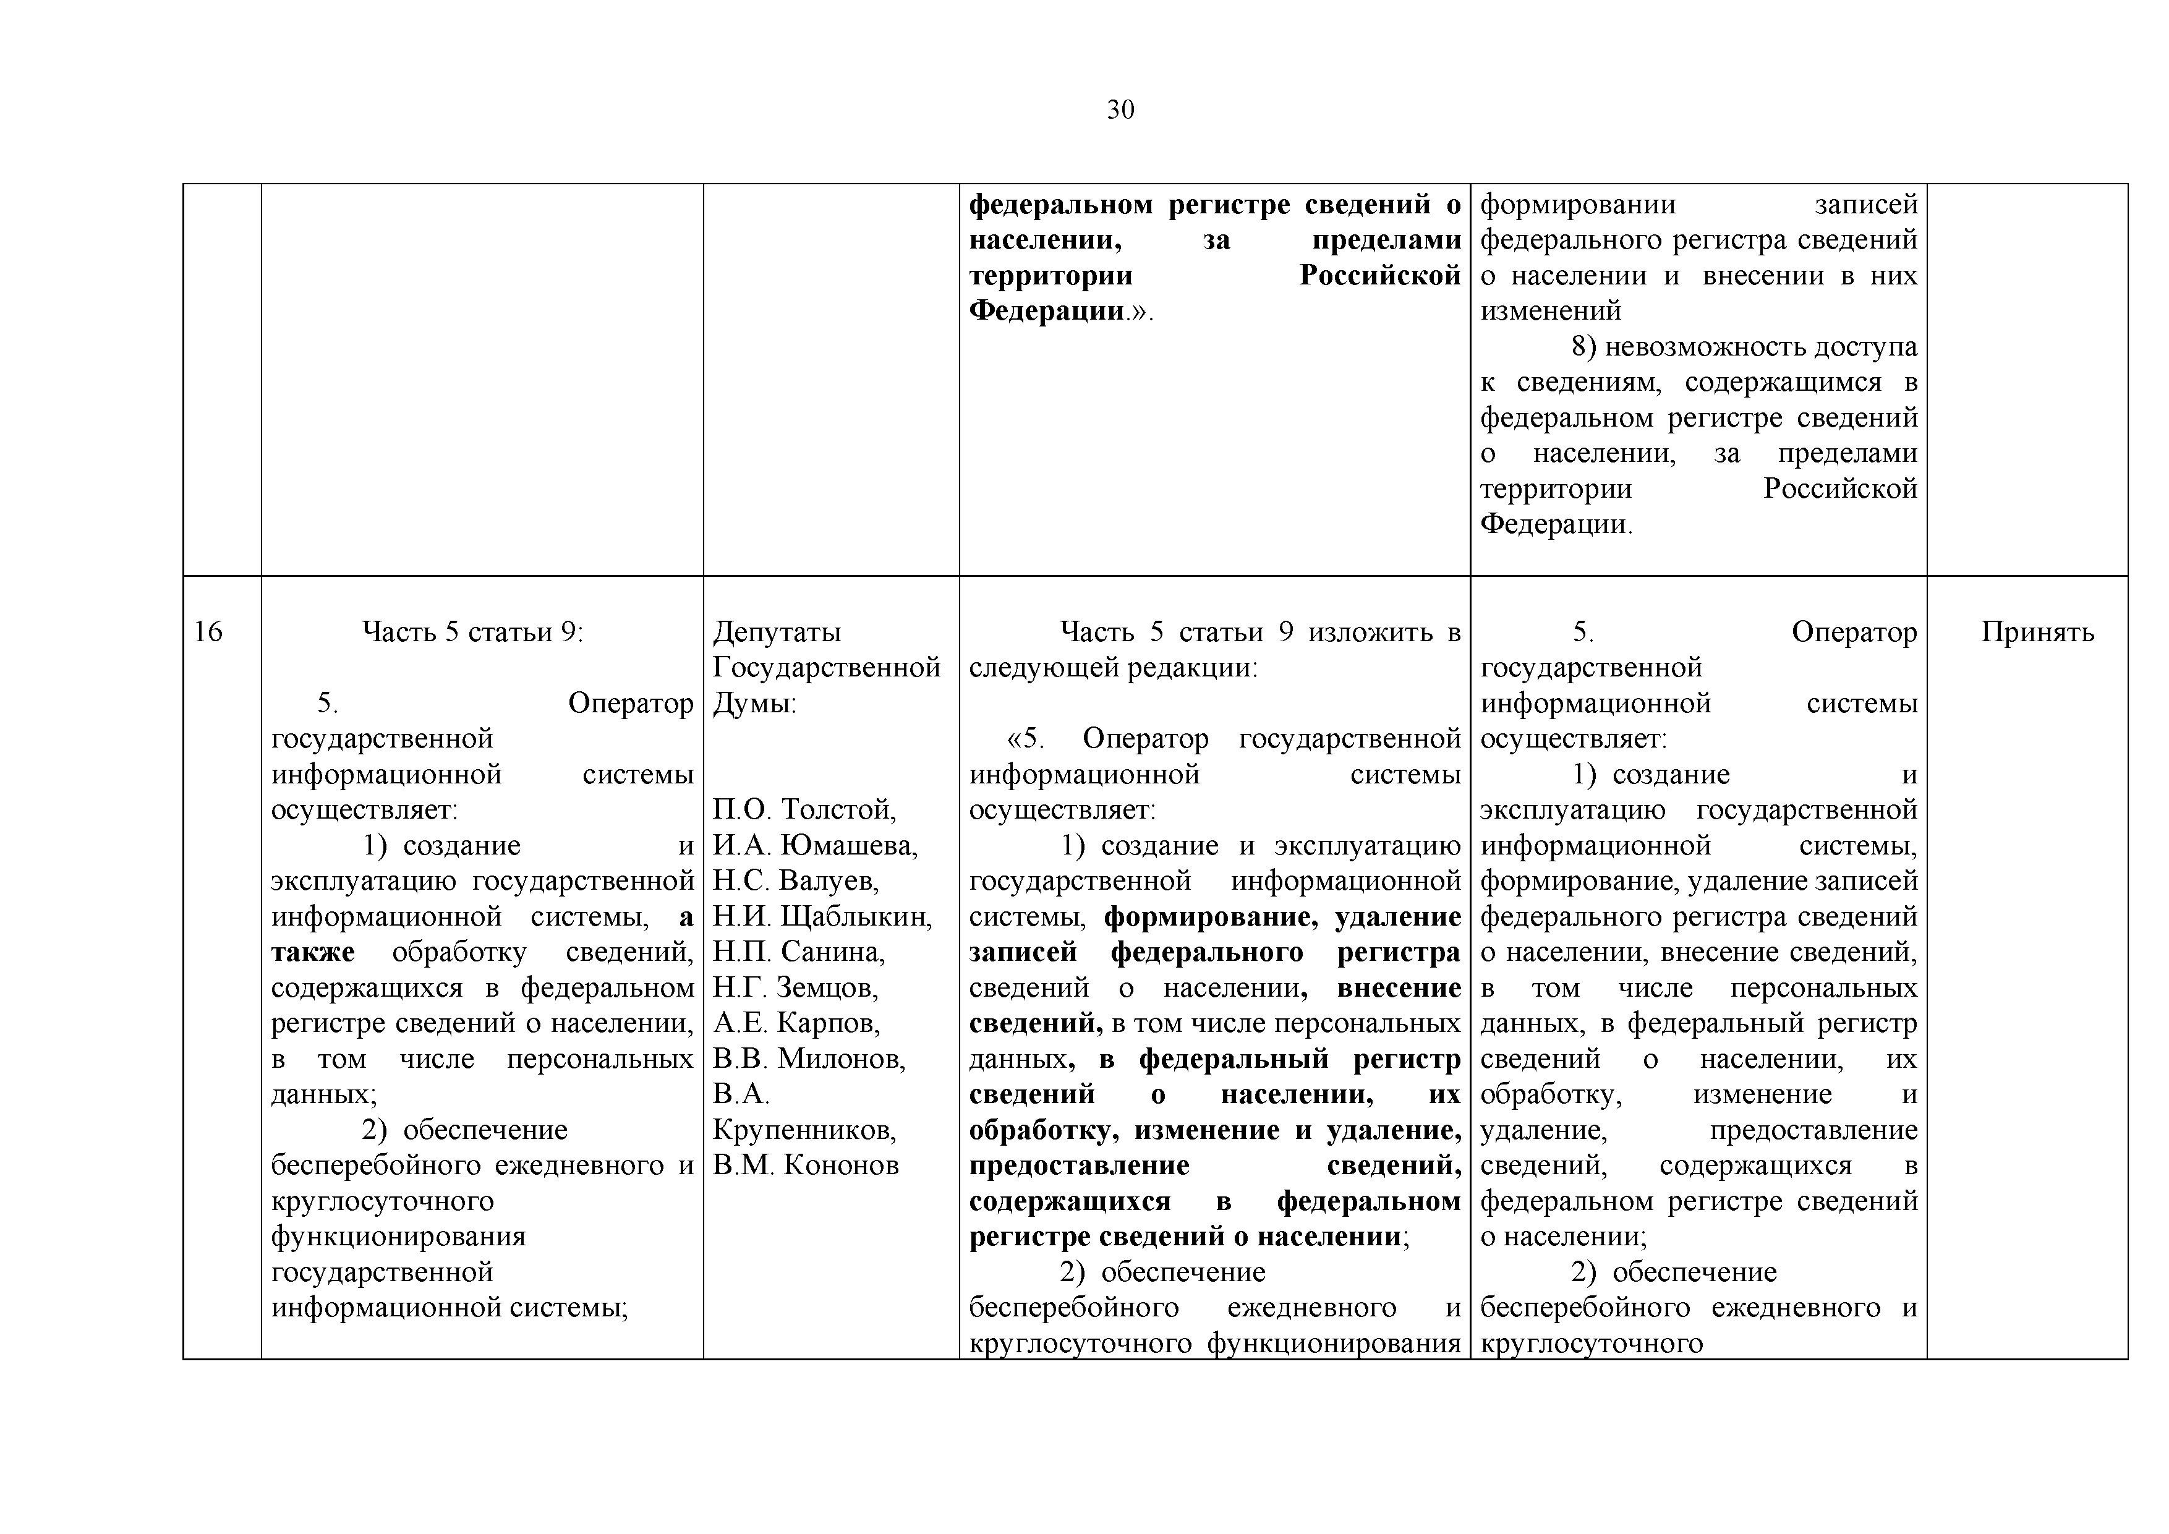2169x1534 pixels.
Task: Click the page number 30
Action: (1120, 111)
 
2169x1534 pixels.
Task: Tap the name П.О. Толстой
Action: (804, 809)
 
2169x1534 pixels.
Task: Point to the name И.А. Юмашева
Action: (814, 845)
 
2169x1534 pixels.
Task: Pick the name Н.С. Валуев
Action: (795, 880)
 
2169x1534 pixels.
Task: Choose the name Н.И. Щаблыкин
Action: (822, 916)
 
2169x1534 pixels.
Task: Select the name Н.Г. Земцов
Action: (795, 987)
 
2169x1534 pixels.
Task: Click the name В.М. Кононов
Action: (805, 1165)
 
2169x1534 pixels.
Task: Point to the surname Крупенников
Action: (804, 1130)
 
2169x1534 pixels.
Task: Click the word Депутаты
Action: (777, 631)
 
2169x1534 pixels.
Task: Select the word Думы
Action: (754, 703)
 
